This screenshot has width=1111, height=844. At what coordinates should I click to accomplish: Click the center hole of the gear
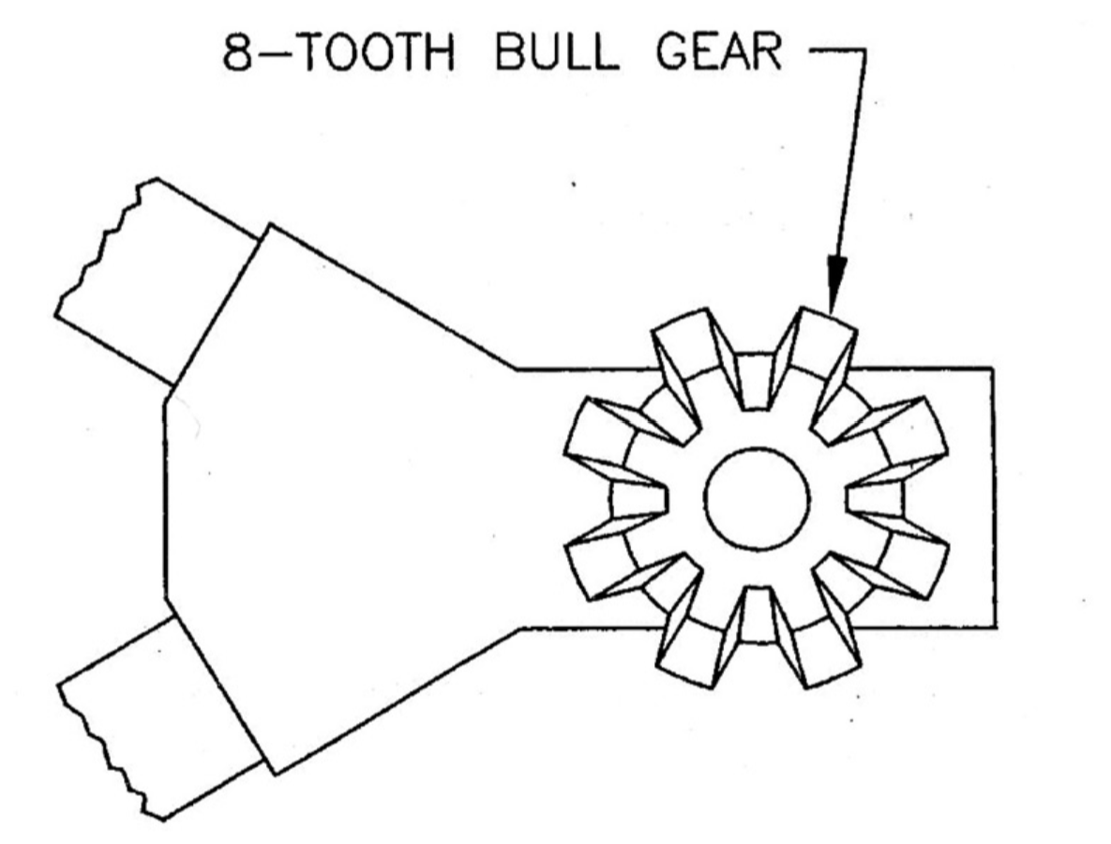coord(757,499)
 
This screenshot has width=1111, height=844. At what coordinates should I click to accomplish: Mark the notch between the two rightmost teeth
coord(876,499)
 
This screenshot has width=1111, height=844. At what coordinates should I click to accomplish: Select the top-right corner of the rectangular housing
coord(992,369)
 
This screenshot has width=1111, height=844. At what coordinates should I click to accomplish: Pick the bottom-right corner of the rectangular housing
coord(992,626)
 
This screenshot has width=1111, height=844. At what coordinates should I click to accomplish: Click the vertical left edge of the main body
coord(166,499)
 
